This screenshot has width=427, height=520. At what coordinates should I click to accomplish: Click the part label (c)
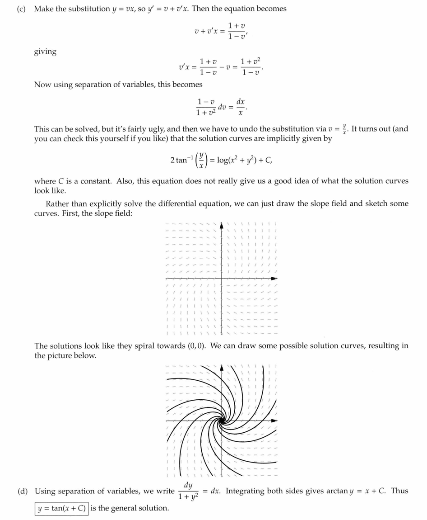click(x=21, y=9)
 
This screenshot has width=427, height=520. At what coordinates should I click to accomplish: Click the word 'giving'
click(x=45, y=52)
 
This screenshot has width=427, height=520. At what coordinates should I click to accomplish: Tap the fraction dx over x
click(x=241, y=107)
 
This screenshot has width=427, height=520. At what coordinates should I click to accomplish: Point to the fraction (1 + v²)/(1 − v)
click(x=251, y=67)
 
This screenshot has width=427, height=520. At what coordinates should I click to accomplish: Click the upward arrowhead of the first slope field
click(x=221, y=225)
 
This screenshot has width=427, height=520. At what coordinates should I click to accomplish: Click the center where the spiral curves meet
click(x=221, y=421)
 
